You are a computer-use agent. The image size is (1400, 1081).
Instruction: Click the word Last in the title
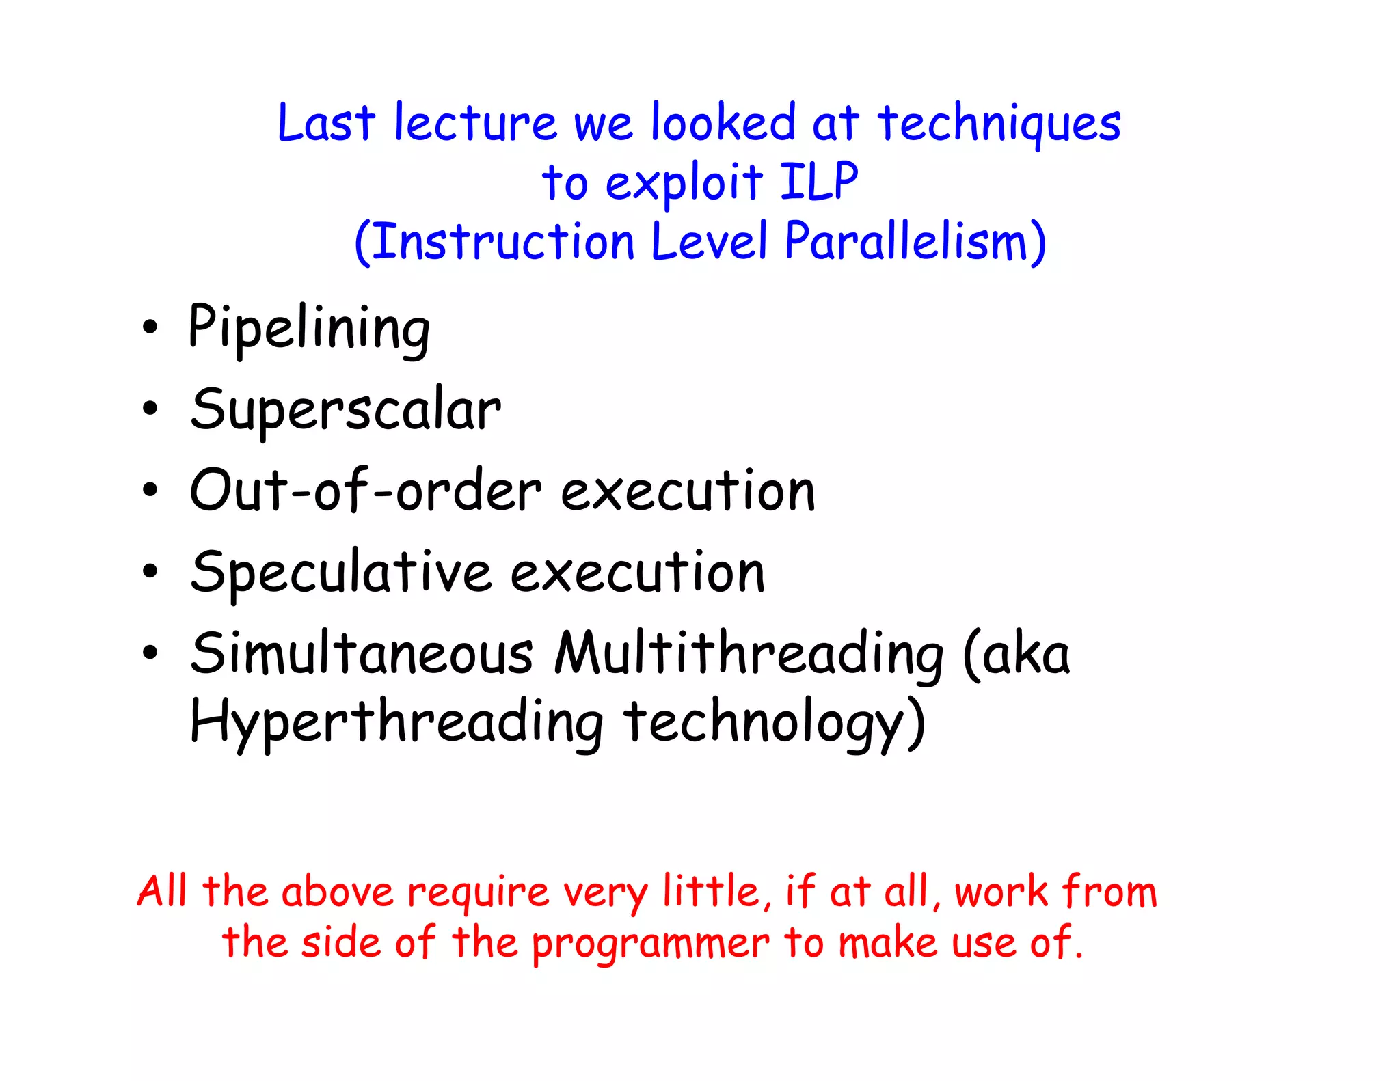click(326, 124)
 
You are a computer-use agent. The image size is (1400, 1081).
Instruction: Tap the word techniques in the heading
click(999, 124)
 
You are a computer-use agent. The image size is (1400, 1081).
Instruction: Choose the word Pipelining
click(309, 329)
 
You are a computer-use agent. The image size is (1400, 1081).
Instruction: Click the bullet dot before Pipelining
click(150, 328)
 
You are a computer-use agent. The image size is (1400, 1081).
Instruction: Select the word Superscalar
click(345, 410)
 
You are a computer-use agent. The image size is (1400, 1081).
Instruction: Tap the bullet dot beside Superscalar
click(150, 409)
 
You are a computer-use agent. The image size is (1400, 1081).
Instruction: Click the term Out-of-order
click(366, 491)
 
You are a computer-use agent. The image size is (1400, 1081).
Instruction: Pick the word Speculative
click(340, 573)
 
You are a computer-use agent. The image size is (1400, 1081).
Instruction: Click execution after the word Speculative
click(637, 573)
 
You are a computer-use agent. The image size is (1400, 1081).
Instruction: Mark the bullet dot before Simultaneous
click(150, 653)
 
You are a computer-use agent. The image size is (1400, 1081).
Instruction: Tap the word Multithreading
click(749, 654)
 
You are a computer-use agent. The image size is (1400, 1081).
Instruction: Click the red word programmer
click(650, 944)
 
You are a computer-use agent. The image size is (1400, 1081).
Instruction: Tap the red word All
click(162, 892)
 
